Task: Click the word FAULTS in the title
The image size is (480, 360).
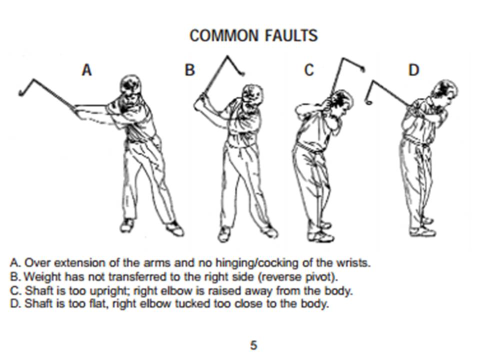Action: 291,35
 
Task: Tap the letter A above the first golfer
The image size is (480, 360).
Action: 86,70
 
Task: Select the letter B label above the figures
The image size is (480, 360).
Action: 190,70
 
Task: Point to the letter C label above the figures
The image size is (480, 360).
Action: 309,70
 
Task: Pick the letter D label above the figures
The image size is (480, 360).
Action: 413,70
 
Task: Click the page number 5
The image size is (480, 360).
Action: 253,345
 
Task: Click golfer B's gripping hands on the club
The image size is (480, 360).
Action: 200,102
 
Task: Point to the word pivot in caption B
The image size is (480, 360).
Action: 321,277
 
